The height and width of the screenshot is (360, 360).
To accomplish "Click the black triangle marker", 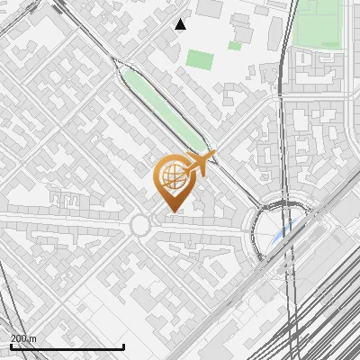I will pos(181,24).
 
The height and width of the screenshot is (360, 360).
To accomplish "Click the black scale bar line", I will pos(67,347).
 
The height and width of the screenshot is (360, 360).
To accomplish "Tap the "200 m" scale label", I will pos(23,338).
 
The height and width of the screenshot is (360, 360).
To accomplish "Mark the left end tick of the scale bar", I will pos(10,346).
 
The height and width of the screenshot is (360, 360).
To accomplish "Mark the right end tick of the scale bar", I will pos(123,346).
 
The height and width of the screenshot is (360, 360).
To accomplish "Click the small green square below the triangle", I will pos(200,61).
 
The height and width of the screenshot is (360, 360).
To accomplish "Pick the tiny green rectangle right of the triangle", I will pos(235,45).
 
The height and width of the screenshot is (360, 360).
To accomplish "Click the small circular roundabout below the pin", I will pos(141,225).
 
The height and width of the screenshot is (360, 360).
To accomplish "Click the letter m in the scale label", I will pos(33,338).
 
